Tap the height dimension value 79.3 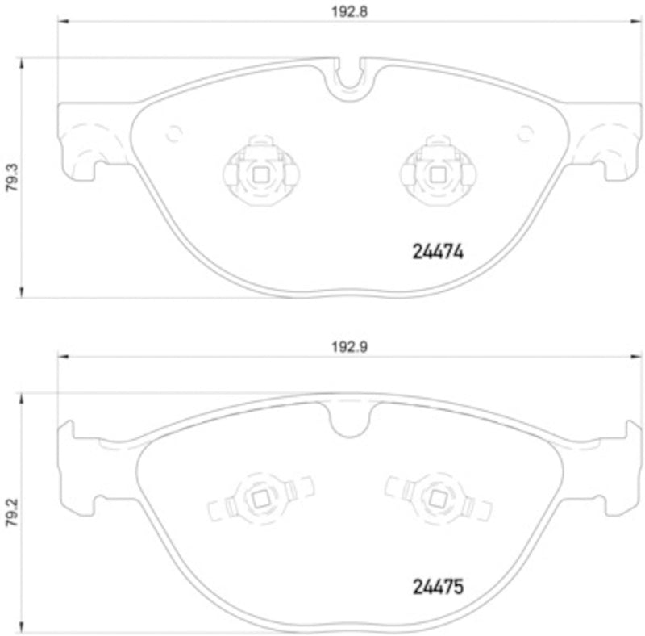10,178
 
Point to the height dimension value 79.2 10,511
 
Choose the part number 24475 437,587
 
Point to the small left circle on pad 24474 173,134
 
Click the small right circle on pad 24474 525,134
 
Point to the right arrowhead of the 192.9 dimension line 630,356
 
